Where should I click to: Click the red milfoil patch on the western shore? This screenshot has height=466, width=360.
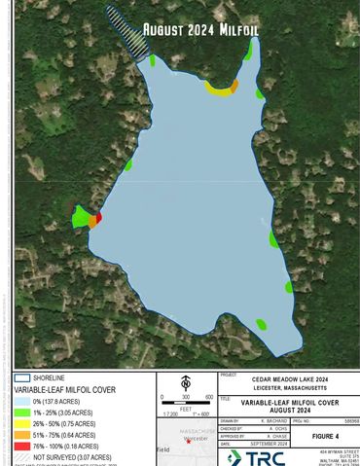coord(98,217)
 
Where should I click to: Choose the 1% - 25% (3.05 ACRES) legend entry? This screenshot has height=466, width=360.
coord(63,412)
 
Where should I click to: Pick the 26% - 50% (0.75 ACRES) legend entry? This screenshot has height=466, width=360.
coord(64,423)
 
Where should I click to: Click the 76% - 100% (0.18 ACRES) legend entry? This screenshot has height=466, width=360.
coord(65,446)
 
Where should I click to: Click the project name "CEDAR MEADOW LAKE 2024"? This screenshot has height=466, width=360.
coord(286,380)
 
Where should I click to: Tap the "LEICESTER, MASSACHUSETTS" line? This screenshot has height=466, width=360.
coord(286,389)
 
